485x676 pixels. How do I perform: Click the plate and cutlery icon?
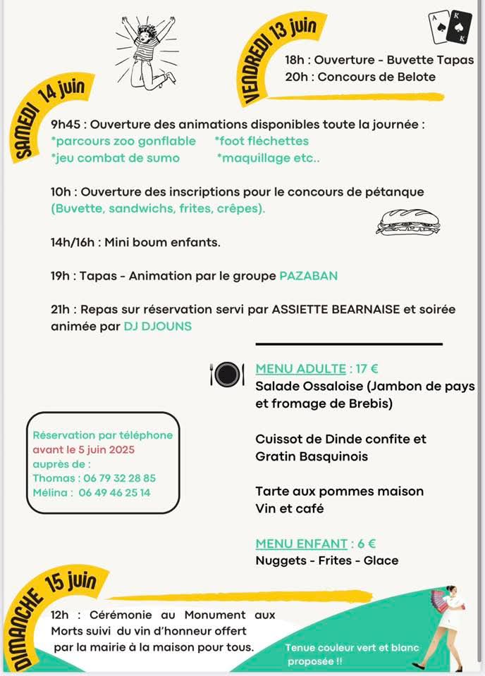click(226, 373)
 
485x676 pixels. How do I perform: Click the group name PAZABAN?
click(308, 276)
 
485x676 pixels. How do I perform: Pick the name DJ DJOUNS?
click(157, 326)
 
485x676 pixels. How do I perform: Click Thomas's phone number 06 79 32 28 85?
click(114, 478)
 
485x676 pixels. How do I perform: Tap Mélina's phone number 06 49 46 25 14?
click(114, 493)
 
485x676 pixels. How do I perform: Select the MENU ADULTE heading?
click(300, 368)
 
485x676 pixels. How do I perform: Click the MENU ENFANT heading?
click(302, 543)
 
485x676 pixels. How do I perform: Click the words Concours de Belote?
click(376, 77)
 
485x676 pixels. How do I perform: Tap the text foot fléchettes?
click(262, 141)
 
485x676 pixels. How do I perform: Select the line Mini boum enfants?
click(162, 242)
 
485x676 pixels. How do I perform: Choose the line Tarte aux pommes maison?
click(339, 491)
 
